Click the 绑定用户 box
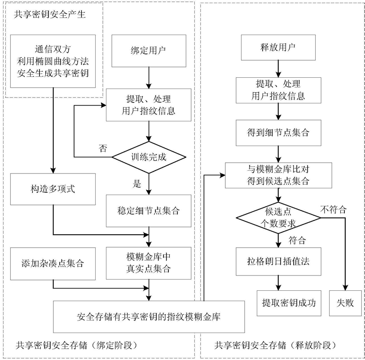pos(148,51)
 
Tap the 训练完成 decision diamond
pos(148,158)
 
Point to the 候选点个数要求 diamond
pos(278,218)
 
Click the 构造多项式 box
pos(53,189)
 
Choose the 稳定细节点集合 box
pos(148,210)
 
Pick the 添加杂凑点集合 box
pos(53,263)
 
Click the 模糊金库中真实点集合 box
pos(148,263)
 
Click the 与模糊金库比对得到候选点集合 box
pos(278,176)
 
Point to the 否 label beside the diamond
pos(103,149)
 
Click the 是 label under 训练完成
pos(137,183)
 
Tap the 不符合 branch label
pos(333,209)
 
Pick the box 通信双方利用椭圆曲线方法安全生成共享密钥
pos(53,61)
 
